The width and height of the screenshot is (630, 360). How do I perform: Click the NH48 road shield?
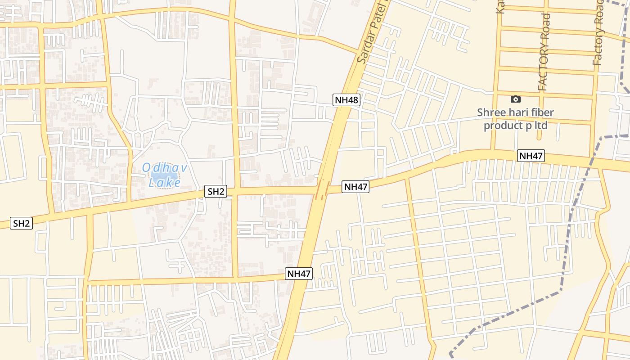[346, 100]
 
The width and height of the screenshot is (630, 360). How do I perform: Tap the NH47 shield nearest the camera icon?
[531, 156]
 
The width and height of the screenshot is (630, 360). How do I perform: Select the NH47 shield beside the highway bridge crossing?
[355, 187]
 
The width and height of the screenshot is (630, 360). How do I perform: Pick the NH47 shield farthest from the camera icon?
[299, 274]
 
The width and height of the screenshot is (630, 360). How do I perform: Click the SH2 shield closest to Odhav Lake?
[216, 191]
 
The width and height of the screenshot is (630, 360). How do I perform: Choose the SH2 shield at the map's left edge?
[22, 223]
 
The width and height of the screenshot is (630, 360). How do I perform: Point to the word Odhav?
[164, 168]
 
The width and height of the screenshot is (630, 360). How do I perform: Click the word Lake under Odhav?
[165, 182]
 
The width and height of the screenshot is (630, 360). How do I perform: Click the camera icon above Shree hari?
[516, 99]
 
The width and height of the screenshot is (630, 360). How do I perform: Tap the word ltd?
[542, 125]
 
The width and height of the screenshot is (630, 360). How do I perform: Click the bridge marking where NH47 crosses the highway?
[323, 189]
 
